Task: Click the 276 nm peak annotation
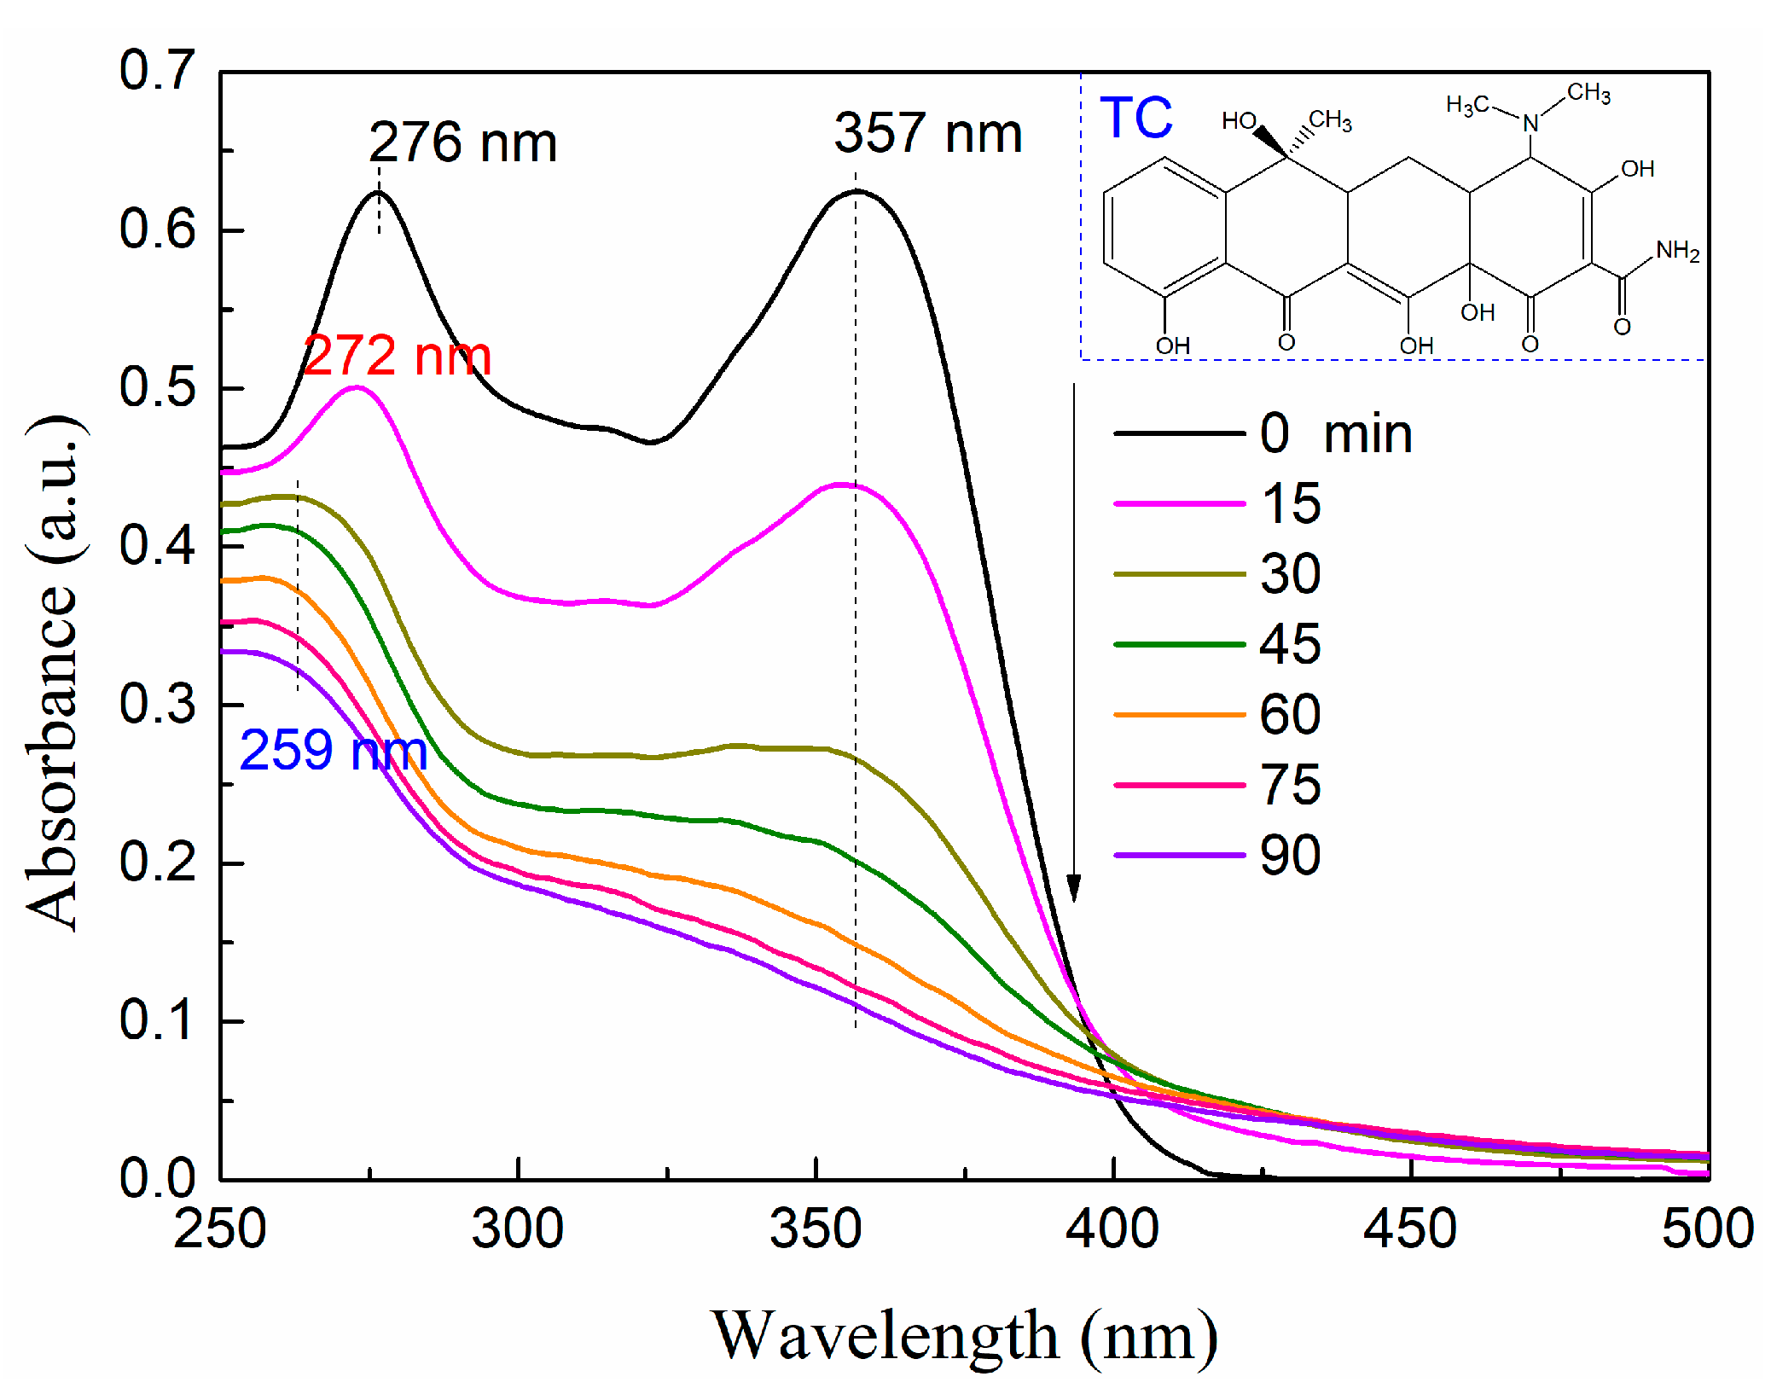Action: point(462,142)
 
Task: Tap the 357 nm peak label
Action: point(927,134)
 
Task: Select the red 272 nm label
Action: point(397,356)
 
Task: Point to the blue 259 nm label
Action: point(333,751)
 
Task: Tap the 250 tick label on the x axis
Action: point(220,1229)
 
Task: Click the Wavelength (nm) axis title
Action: point(964,1337)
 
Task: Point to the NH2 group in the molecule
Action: point(1677,251)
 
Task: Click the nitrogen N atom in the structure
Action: point(1530,124)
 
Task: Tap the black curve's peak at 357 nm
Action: point(856,191)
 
